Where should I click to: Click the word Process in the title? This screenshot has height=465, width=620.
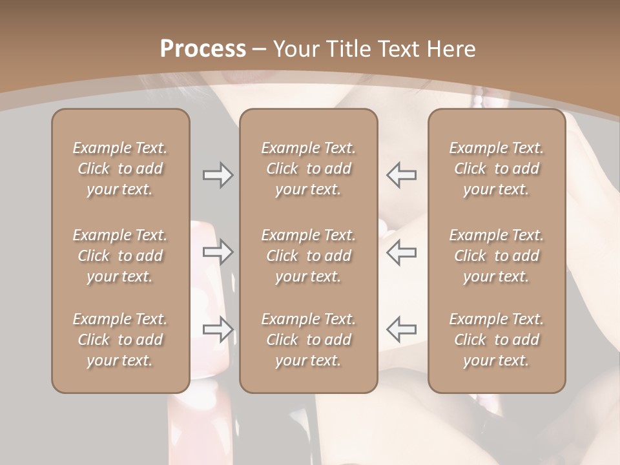(203, 49)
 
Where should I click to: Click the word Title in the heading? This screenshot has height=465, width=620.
(349, 49)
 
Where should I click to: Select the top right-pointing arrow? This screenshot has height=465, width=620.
(218, 175)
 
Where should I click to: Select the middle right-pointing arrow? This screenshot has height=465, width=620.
(218, 252)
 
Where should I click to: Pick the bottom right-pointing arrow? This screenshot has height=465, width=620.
(218, 329)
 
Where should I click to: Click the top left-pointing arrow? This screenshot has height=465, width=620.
(401, 175)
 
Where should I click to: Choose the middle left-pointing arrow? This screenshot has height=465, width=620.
(401, 252)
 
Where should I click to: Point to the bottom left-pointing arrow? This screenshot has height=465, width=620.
(401, 329)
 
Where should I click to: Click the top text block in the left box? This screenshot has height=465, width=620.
(120, 169)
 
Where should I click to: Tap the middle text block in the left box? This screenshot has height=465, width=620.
(120, 256)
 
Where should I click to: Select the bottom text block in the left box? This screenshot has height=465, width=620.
(120, 340)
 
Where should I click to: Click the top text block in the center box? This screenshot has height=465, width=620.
(308, 169)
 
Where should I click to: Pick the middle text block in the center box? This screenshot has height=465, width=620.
(308, 256)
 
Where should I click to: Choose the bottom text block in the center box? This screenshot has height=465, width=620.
(308, 340)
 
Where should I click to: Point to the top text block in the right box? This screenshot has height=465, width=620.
(496, 169)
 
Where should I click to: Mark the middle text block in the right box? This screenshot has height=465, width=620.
(496, 256)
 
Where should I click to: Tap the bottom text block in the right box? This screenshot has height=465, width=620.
(496, 340)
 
